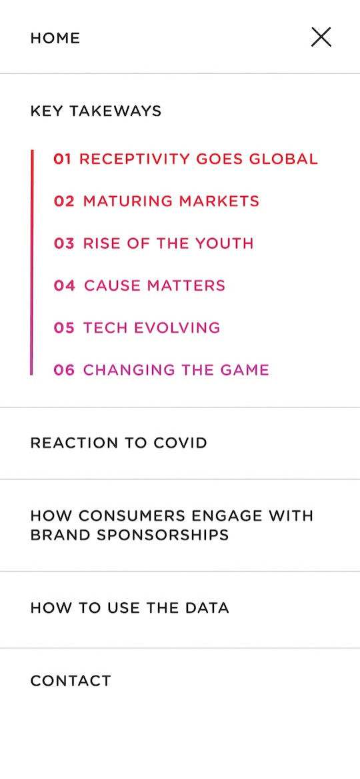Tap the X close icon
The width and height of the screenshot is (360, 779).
[x=321, y=37]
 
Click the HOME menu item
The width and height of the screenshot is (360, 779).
[x=55, y=38]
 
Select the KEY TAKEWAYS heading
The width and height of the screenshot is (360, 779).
[x=96, y=111]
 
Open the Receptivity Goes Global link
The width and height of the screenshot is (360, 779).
[x=186, y=159]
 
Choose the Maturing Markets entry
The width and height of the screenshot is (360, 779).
[x=157, y=201]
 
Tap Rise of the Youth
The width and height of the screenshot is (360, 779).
[x=153, y=243]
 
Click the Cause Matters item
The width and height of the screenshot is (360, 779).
[x=139, y=285]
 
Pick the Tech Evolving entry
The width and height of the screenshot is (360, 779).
[x=137, y=328]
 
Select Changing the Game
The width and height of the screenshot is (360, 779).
[x=161, y=370]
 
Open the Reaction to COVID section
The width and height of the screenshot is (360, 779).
[x=119, y=443]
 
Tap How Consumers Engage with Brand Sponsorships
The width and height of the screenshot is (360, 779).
[x=172, y=525]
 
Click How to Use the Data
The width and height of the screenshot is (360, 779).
[x=129, y=608]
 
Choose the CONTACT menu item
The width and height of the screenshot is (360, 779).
[x=71, y=681]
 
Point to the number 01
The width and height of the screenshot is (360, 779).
[x=63, y=159]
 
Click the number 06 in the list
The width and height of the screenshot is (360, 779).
[x=64, y=370]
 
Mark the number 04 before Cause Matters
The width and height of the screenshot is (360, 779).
[x=65, y=285]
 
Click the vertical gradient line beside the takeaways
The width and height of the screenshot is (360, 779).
[x=32, y=262]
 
